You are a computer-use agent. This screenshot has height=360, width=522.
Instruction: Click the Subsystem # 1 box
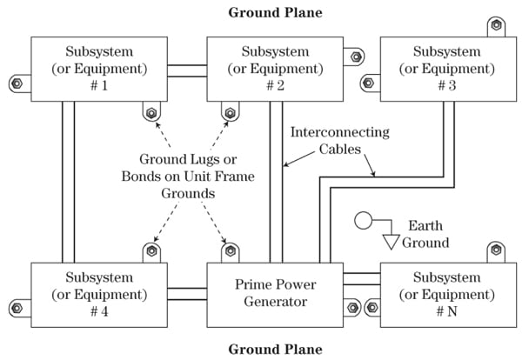(99, 69)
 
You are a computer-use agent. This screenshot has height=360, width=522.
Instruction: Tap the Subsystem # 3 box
(445, 69)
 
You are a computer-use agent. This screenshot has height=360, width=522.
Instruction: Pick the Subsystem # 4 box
(99, 294)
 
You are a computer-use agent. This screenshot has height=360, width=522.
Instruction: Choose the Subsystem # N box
(445, 294)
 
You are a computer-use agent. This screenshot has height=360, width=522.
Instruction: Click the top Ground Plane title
(275, 13)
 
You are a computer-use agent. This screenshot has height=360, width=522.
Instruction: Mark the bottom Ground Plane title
(275, 350)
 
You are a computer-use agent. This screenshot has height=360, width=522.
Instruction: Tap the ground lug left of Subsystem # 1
(17, 83)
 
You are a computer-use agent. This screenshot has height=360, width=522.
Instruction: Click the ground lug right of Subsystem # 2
(358, 58)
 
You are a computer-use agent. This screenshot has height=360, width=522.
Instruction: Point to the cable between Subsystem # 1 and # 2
(187, 70)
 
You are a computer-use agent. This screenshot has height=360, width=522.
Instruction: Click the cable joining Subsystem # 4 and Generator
(187, 294)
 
